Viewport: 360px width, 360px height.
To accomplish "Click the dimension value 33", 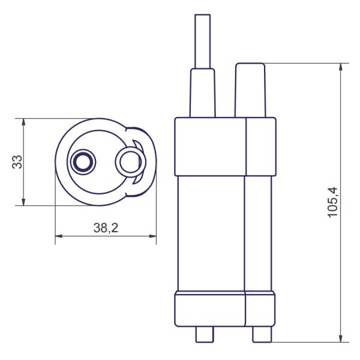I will (17, 162).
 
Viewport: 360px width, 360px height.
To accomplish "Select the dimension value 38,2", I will (105, 228).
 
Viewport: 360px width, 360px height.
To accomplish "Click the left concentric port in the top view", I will (82, 161).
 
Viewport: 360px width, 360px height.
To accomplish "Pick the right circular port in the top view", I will (128, 161).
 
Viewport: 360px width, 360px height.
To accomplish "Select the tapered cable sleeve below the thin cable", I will (202, 93).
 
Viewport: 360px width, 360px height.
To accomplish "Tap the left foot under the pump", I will (205, 334).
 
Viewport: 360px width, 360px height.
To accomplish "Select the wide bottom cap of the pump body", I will (225, 310).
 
